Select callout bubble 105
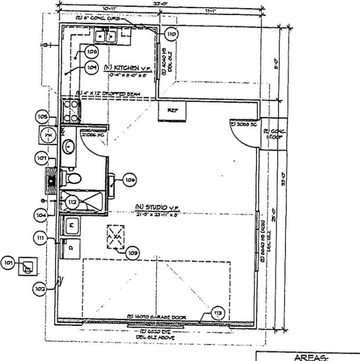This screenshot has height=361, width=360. [x=42, y=117]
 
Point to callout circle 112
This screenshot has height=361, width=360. [x=72, y=202]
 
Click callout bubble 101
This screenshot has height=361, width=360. [x=8, y=263]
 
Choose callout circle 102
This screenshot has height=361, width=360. [x=40, y=289]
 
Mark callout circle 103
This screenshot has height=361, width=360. [x=133, y=253]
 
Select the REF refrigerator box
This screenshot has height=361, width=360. [x=172, y=111]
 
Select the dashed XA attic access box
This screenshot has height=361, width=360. [x=116, y=237]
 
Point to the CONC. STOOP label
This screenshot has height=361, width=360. [x=274, y=134]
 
